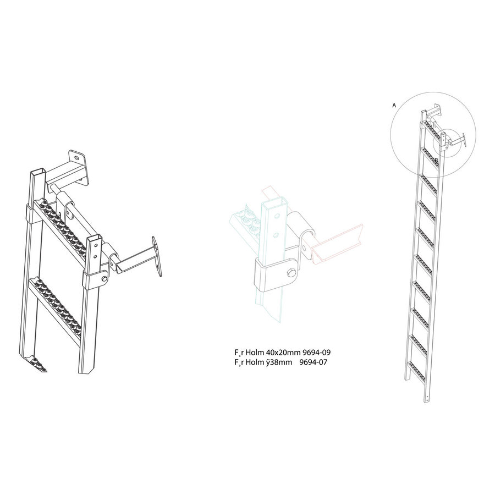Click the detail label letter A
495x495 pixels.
pos(394,103)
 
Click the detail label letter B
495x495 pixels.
pos(436,160)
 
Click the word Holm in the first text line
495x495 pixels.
pos(255,353)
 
